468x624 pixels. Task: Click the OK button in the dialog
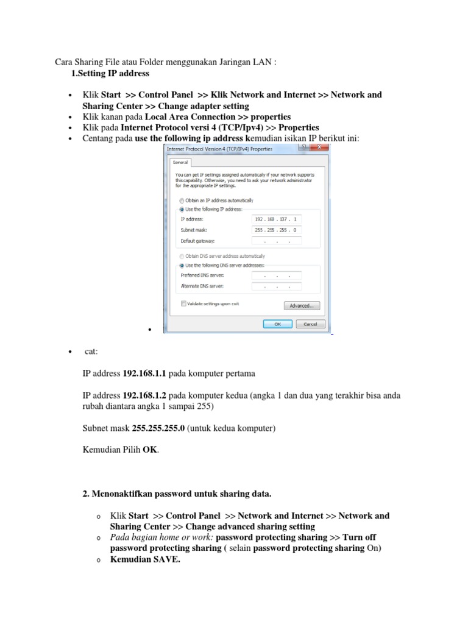click(277, 324)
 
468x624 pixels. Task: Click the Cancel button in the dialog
click(310, 324)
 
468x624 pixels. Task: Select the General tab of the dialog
click(180, 163)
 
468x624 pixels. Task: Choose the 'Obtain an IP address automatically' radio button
click(181, 200)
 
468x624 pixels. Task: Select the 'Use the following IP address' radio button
click(181, 208)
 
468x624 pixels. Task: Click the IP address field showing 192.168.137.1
click(276, 219)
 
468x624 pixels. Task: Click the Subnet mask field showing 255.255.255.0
click(276, 230)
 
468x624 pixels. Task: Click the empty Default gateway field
click(276, 241)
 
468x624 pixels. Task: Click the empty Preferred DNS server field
click(276, 275)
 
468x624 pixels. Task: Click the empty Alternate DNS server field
click(276, 286)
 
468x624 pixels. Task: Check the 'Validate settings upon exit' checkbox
click(183, 303)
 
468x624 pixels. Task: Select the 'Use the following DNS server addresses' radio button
click(181, 266)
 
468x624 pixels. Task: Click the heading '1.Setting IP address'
click(110, 74)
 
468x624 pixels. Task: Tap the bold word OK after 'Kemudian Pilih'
click(149, 450)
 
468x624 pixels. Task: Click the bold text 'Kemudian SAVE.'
click(145, 559)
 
